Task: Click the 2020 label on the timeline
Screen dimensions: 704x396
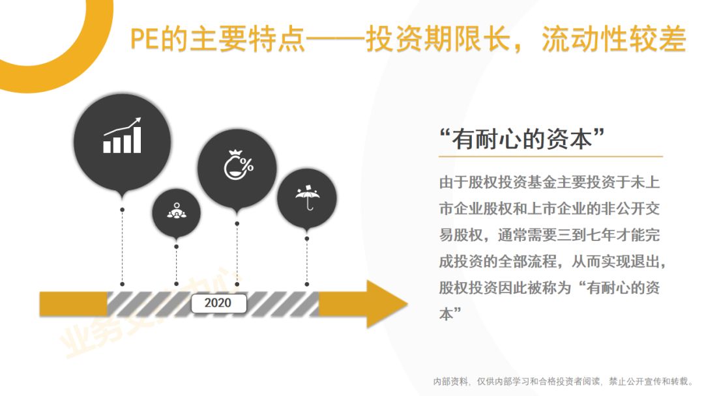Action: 218,303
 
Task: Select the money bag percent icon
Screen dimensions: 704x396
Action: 239,165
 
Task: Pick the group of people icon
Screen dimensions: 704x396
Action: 177,211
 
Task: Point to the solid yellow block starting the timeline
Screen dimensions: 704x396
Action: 74,304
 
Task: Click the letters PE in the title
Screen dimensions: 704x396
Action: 145,40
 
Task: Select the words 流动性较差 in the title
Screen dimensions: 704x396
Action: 614,39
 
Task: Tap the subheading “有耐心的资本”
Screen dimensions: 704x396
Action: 521,139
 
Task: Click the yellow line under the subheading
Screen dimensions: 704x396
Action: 550,156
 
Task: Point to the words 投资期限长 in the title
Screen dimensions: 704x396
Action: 438,39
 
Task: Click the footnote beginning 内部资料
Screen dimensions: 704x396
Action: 563,381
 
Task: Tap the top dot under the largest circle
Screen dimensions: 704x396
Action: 122,210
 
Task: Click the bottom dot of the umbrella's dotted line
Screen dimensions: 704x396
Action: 306,284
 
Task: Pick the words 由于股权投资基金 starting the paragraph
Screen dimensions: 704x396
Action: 497,182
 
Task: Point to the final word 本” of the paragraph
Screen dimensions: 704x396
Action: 450,313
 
